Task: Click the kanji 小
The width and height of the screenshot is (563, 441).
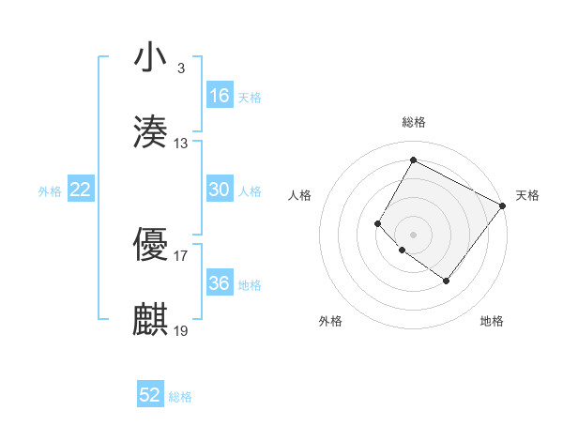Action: coord(151,57)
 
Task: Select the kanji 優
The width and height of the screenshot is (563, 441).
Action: coord(151,243)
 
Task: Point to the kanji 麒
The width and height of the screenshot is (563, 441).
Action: coord(151,319)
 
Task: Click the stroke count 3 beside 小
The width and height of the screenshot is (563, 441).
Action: coord(180,68)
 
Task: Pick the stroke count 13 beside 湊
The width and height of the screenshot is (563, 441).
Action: coord(181,144)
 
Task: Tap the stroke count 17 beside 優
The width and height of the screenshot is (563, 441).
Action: coord(181,254)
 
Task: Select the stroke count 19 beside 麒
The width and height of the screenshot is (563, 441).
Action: coord(181,330)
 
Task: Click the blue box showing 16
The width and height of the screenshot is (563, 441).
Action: coord(220,96)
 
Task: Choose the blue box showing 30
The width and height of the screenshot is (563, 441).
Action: coord(220,190)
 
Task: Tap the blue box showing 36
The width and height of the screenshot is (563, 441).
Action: coord(220,283)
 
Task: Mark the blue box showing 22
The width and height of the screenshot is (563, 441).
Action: coord(81,190)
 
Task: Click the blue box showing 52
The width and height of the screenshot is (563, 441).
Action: coord(150,395)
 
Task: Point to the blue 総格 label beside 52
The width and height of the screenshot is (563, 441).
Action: coord(180,397)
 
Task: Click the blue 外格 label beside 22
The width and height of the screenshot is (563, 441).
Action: coord(50,191)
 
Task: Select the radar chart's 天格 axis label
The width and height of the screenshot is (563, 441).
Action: coord(527,195)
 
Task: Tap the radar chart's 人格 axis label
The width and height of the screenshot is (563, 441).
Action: coord(299,195)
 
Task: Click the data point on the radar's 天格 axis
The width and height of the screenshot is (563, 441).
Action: coord(502,205)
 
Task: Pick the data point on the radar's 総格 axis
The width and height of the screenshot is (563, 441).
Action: coord(413,160)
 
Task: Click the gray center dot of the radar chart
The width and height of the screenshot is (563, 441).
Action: coord(413,234)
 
